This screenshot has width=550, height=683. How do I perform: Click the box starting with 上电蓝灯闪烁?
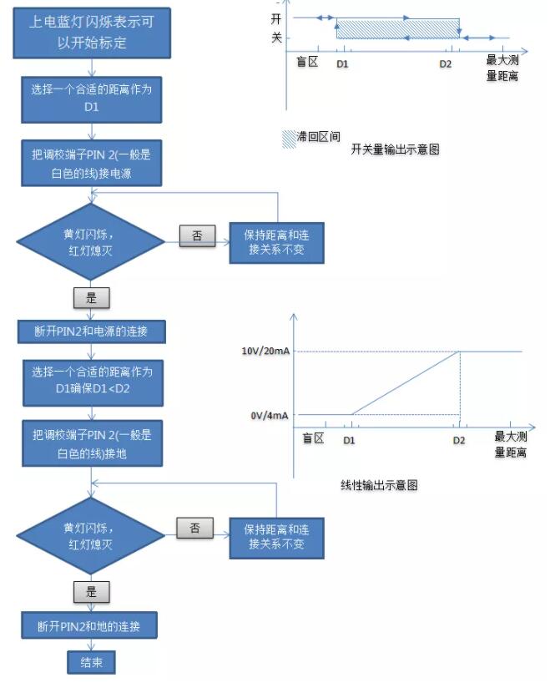pyautogui.click(x=92, y=33)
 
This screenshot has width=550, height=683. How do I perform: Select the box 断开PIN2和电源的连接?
pyautogui.click(x=92, y=331)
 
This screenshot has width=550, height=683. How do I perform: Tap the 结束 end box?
pyautogui.click(x=91, y=662)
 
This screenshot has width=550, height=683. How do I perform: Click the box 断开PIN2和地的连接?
pyautogui.click(x=89, y=626)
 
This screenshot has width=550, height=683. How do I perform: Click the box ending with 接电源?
pyautogui.click(x=92, y=164)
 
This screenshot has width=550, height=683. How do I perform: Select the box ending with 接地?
pyautogui.click(x=93, y=443)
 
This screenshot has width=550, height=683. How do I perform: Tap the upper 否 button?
pyautogui.click(x=197, y=235)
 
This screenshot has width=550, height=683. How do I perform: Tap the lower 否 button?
pyautogui.click(x=194, y=529)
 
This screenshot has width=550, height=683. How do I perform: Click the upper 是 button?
pyautogui.click(x=91, y=298)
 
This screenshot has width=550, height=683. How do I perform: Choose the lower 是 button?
pyautogui.click(x=91, y=591)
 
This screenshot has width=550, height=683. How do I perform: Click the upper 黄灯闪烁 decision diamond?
pyautogui.click(x=91, y=242)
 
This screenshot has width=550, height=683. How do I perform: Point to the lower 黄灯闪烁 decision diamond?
pyautogui.click(x=91, y=536)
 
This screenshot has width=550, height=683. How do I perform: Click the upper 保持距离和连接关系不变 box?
pyautogui.click(x=276, y=243)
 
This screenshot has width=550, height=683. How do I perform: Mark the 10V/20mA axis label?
pyautogui.click(x=265, y=351)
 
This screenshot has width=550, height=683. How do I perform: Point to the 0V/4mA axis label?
pyautogui.click(x=270, y=416)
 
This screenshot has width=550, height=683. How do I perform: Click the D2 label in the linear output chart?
pyautogui.click(x=459, y=440)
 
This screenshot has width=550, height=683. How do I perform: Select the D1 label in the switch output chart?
pyautogui.click(x=342, y=64)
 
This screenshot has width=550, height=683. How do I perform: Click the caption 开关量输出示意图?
pyautogui.click(x=395, y=149)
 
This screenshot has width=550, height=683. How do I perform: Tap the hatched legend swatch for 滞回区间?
pyautogui.click(x=289, y=139)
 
